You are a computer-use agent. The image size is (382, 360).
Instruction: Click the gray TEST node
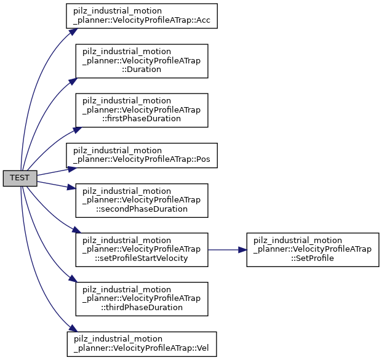20,178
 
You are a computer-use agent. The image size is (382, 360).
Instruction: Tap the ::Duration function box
141,60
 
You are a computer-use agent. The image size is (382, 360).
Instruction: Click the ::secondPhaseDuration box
141,200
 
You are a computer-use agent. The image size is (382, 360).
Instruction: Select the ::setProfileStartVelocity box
141,249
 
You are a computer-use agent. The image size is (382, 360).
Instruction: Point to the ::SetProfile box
312,249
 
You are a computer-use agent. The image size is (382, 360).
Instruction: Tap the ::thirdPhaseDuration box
141,298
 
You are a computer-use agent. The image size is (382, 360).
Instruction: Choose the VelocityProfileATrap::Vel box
141,343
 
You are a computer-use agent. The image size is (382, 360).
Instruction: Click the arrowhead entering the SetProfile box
242,249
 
